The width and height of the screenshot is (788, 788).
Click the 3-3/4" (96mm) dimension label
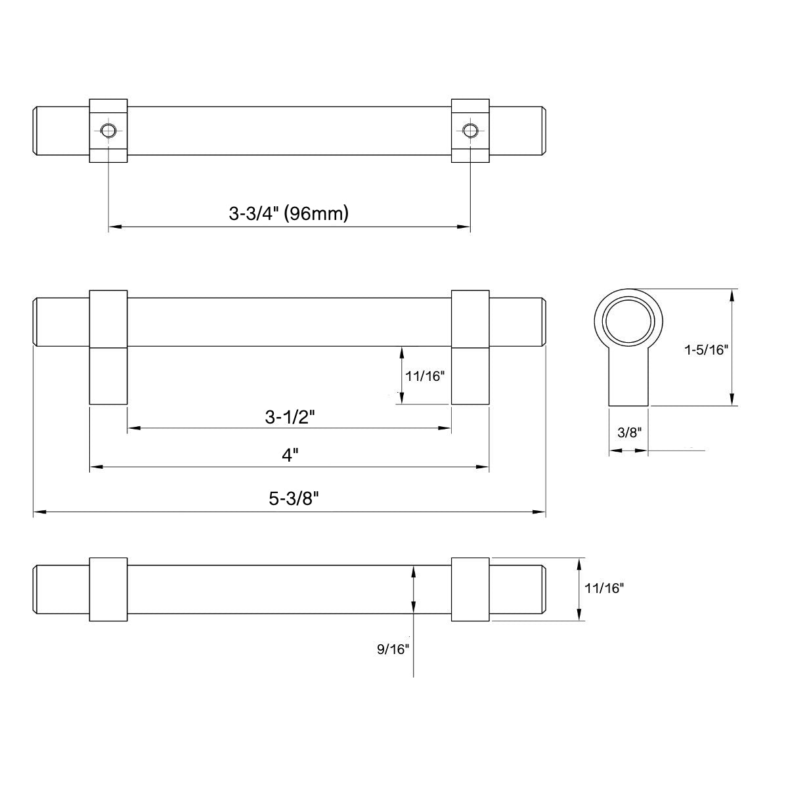point(288,213)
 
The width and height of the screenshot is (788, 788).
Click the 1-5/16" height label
point(707,349)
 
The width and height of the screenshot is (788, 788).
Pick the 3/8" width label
point(628,432)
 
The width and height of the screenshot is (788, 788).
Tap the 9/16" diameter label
point(393,649)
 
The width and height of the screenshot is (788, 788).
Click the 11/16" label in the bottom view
point(603,589)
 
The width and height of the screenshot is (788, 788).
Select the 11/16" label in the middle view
point(426,376)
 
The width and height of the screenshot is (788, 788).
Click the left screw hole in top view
point(108,130)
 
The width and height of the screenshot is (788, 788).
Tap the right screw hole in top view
point(469,130)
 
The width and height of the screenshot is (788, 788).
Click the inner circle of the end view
point(629,320)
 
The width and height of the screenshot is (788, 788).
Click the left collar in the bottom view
point(108,590)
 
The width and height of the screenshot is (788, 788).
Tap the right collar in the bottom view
point(470,590)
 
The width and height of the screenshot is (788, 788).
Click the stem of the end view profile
point(629,381)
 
